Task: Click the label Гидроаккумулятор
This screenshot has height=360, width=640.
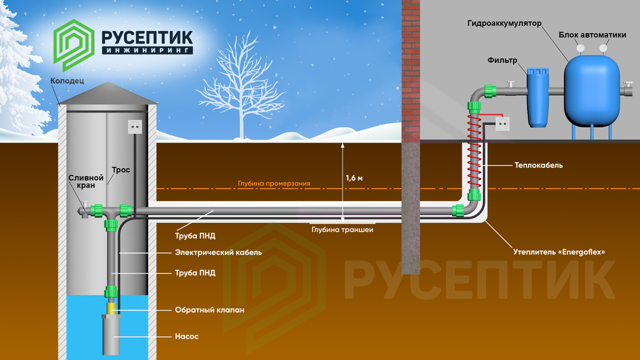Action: [x=504, y=24]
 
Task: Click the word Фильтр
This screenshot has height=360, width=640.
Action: [x=502, y=60]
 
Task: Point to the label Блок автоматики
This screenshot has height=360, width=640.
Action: [x=592, y=35]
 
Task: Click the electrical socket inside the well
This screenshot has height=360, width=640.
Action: [x=135, y=126]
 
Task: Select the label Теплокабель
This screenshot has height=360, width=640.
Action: [x=539, y=165]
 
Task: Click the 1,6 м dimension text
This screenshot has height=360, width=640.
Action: [x=354, y=178]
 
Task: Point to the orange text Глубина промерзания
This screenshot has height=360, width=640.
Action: [x=274, y=183]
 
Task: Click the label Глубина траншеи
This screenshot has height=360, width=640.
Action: [x=342, y=230]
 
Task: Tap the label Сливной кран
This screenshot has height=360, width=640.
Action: [x=82, y=181]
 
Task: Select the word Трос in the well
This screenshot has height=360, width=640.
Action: [x=121, y=170]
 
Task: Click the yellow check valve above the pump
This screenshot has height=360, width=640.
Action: [x=111, y=308]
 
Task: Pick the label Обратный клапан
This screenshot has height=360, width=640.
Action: [x=210, y=309]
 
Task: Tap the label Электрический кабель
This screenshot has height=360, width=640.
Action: [x=218, y=252]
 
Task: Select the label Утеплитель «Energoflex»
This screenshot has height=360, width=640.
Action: [x=559, y=251]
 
